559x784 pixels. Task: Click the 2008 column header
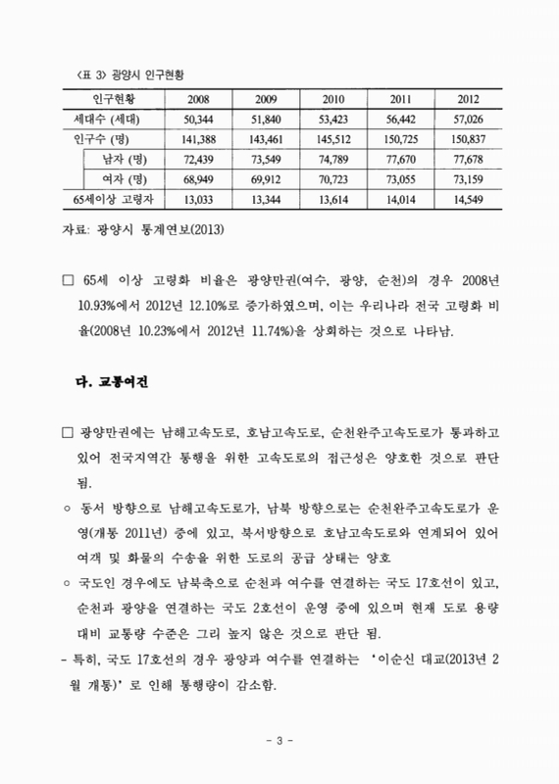coord(196,100)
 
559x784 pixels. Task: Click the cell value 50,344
coord(196,119)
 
